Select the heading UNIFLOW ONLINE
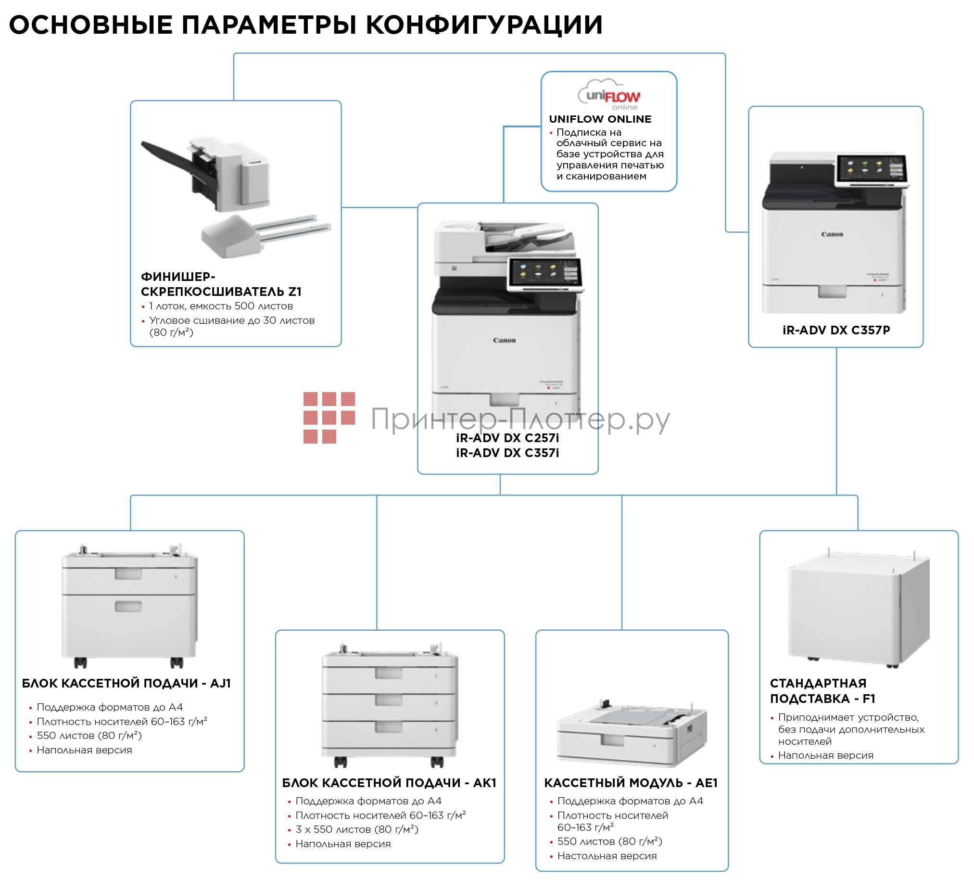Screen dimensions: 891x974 (600, 119)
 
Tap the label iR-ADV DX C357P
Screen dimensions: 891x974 (836, 331)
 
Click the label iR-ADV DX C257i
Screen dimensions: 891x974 (507, 438)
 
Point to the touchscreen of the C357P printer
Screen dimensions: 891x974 (872, 170)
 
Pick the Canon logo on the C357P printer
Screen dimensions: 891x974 (833, 234)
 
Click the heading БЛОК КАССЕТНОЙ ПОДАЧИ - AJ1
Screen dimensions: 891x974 (126, 684)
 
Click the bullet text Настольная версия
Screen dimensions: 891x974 (607, 856)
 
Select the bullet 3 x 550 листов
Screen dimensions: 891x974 (356, 829)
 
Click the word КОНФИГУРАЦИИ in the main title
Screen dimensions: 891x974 (484, 25)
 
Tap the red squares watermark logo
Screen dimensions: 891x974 (329, 418)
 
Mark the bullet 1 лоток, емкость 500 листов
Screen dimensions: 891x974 (221, 306)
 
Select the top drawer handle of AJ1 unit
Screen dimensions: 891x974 (128, 574)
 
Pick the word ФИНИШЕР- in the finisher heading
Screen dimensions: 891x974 (178, 277)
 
